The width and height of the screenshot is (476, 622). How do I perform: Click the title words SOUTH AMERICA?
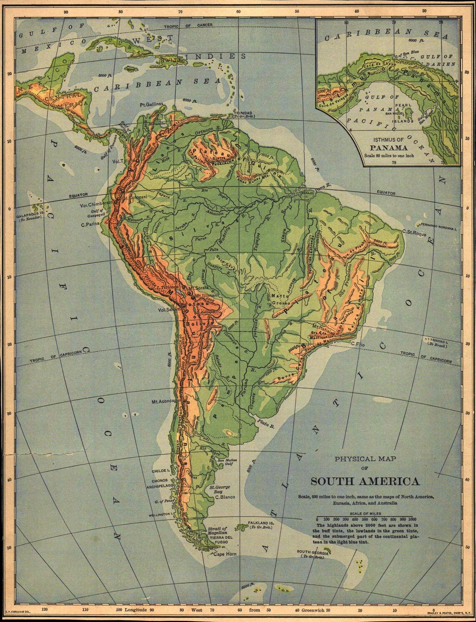click(365, 481)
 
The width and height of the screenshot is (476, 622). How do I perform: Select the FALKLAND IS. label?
click(260, 523)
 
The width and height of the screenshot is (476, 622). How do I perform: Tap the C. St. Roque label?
click(414, 234)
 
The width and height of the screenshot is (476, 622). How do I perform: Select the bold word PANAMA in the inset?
click(389, 147)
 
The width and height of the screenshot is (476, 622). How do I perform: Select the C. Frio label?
click(358, 344)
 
